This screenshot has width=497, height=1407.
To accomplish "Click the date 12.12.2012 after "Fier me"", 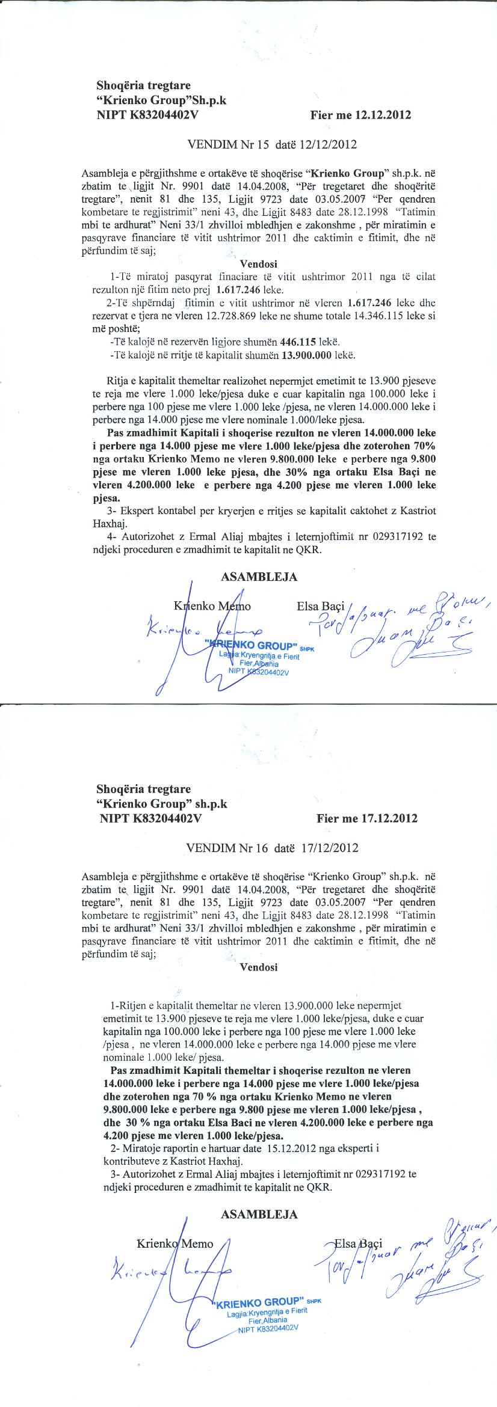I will pyautogui.click(x=383, y=115).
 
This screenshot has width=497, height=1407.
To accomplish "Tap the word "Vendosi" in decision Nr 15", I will pyautogui.click(x=259, y=263).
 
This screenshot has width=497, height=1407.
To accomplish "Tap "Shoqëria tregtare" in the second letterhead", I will pyautogui.click(x=143, y=788).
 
